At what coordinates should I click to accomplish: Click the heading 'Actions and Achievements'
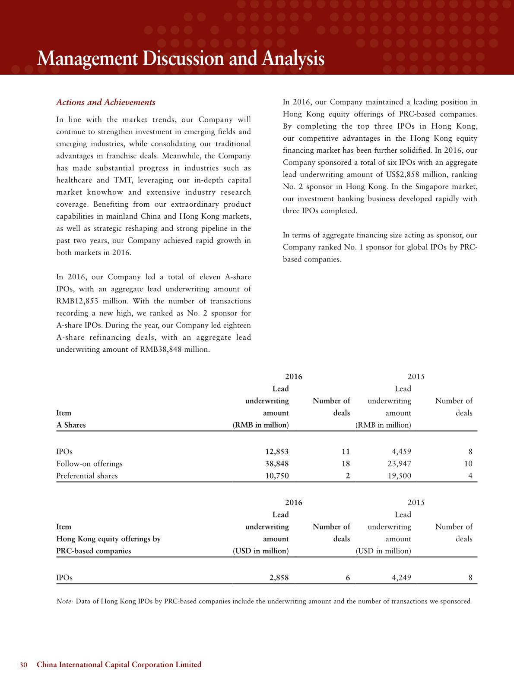pos(106,103)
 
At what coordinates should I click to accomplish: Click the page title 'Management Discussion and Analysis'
pos(181,59)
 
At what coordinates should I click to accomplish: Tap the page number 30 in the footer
pos(24,665)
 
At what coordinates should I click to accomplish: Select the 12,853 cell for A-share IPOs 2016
pos(276,452)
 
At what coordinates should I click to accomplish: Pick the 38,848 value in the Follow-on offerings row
pos(276,464)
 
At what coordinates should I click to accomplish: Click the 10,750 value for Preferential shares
pos(276,476)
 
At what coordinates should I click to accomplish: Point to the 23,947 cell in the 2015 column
pos(399,464)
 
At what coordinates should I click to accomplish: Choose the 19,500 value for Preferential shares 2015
pos(399,476)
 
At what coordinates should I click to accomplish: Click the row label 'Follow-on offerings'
pos(89,464)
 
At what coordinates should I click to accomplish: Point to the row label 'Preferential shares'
pos(87,476)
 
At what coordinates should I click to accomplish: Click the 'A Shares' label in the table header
pos(71,425)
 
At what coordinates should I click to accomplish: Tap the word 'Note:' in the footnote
pos(65,601)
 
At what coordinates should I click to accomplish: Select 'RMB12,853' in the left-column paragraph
pos(74,301)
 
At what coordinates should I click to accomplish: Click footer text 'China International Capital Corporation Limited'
pos(119,665)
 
